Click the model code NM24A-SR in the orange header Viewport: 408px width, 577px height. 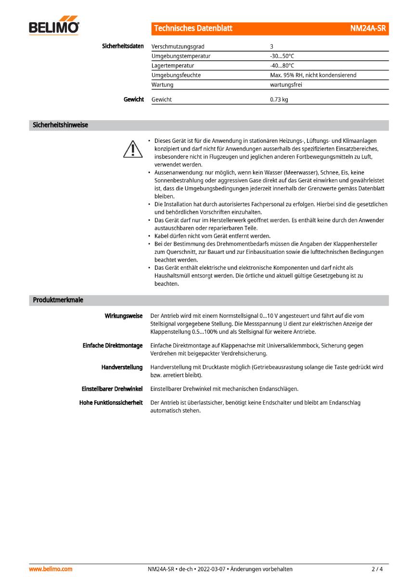[x=368, y=28]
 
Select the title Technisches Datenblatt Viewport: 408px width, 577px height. [x=193, y=28]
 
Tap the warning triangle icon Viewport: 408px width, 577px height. [x=132, y=149]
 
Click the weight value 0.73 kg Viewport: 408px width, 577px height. [x=279, y=100]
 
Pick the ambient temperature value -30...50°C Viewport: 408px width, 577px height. [x=282, y=56]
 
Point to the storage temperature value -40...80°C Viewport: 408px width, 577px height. [x=282, y=65]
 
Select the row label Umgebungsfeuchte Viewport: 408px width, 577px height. [x=176, y=75]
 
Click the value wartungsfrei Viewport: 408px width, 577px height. [x=286, y=85]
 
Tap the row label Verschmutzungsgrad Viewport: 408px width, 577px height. [x=178, y=47]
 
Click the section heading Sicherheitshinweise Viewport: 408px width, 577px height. [x=60, y=125]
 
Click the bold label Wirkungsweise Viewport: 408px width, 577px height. [x=124, y=316]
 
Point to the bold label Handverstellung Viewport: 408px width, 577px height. [x=122, y=367]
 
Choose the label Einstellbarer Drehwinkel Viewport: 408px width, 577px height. [x=112, y=389]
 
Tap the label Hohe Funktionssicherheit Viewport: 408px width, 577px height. [x=111, y=402]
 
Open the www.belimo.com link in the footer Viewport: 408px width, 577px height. [x=51, y=569]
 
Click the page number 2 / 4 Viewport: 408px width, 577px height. [x=377, y=569]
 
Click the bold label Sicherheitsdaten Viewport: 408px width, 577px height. [x=123, y=46]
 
